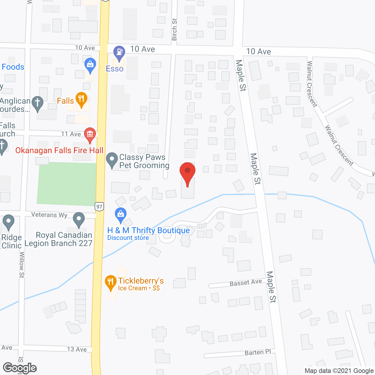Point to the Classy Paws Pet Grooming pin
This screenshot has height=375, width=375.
tap(112, 160)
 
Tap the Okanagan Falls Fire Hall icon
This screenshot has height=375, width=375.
tap(90, 134)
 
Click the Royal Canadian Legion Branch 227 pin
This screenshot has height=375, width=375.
tap(79, 220)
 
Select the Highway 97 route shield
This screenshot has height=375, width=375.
tap(99, 207)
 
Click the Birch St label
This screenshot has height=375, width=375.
tap(174, 29)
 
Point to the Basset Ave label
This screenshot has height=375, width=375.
tap(246, 283)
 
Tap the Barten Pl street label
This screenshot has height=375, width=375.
tap(258, 352)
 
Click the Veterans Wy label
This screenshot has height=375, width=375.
tap(49, 215)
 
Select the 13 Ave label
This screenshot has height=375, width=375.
tap(77, 349)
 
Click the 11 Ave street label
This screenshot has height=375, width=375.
tap(71, 134)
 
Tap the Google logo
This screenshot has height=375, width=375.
tap(20, 368)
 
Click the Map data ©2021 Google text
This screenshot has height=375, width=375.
tap(339, 371)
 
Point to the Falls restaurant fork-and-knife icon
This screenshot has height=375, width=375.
tap(81, 99)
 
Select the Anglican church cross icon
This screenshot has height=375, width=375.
tap(37, 103)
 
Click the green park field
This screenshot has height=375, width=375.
tap(67, 184)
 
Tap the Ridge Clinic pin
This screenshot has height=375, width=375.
tap(8, 222)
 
